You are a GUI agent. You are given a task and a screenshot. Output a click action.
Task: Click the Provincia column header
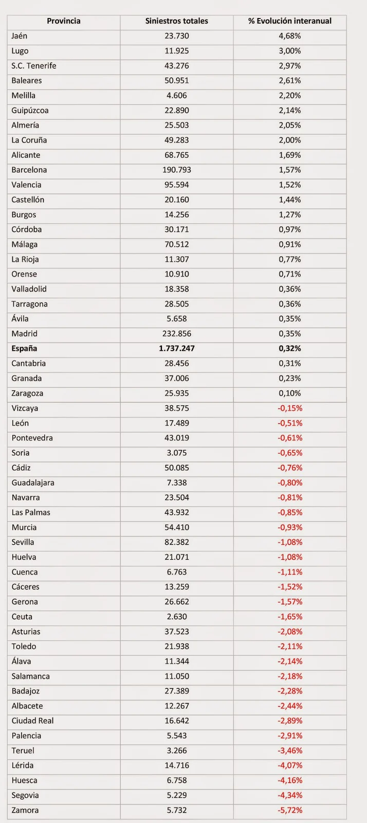tap(64, 21)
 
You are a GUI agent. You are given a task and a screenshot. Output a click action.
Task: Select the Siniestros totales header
tap(176, 21)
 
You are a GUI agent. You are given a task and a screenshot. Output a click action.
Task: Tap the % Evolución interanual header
tap(289, 21)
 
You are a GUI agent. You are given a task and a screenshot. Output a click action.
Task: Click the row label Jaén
tap(20, 36)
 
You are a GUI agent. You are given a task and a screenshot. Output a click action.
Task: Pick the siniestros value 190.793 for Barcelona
tap(176, 170)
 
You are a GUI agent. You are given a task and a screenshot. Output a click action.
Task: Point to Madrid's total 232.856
tap(176, 334)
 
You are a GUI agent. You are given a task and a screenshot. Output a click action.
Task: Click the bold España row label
tap(24, 349)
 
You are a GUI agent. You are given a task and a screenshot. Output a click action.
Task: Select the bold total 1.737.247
tap(176, 349)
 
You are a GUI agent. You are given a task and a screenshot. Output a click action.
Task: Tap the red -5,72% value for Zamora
tap(290, 810)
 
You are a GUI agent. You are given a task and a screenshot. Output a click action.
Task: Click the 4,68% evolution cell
tap(289, 36)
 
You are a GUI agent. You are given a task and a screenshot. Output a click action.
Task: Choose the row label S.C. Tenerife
tap(34, 66)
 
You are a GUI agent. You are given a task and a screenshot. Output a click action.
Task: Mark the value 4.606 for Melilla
tap(176, 96)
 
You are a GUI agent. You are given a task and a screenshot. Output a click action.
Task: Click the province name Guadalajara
tap(33, 483)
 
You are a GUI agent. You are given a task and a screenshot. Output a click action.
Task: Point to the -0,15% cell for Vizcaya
tap(290, 408)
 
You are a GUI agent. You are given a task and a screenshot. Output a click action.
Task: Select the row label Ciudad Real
tap(33, 721)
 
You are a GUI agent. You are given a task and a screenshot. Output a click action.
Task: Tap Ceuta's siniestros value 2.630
tap(176, 617)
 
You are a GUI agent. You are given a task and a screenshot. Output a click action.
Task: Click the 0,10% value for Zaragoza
tap(289, 393)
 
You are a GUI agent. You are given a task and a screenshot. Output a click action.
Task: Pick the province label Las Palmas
tap(31, 512)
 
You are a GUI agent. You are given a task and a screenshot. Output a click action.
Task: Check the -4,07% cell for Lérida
tap(290, 765)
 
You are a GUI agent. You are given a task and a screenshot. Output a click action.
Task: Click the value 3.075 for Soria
tap(176, 453)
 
